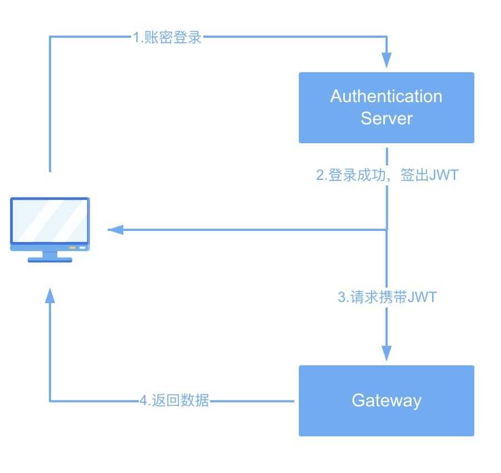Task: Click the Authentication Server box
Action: coord(386,107)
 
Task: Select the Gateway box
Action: coord(386,400)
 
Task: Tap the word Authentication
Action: coord(386,96)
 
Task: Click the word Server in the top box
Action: coord(387,118)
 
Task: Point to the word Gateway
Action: coord(386,400)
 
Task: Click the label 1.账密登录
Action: coord(167,38)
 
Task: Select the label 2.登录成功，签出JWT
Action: coord(387,175)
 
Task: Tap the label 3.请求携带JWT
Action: coord(387,297)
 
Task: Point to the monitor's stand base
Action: coord(50,259)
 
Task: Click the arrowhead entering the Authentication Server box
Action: coord(387,60)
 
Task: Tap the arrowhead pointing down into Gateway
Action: coord(387,353)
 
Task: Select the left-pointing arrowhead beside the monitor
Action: coord(115,229)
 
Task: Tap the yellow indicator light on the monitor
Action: coord(72,248)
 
